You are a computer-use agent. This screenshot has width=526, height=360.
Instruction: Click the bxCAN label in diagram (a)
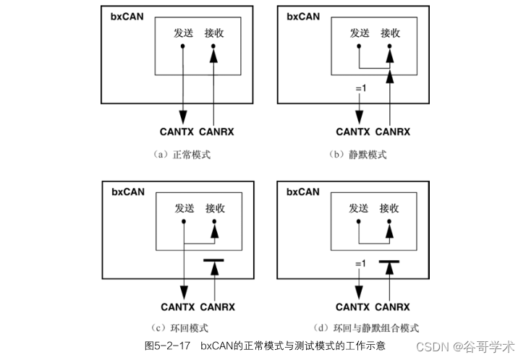click(x=128, y=16)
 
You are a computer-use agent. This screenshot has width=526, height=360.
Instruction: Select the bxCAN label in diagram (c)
click(x=128, y=192)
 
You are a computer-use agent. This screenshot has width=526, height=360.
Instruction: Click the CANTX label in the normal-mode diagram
click(x=177, y=132)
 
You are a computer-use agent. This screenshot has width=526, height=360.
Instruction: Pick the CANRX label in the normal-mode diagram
click(x=216, y=132)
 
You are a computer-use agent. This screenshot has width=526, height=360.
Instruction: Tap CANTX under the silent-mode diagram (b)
click(x=353, y=132)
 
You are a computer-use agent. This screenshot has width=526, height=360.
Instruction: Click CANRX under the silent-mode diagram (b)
click(x=393, y=132)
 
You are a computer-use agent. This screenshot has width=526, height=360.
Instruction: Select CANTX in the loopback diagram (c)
click(x=177, y=307)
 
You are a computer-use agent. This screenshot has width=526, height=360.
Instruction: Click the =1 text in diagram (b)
click(x=360, y=89)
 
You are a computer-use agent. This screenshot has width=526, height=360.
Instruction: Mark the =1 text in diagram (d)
click(x=360, y=265)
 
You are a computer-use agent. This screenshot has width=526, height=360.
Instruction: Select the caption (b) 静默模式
click(x=360, y=155)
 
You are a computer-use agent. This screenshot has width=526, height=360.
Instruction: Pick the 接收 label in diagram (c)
click(x=215, y=208)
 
